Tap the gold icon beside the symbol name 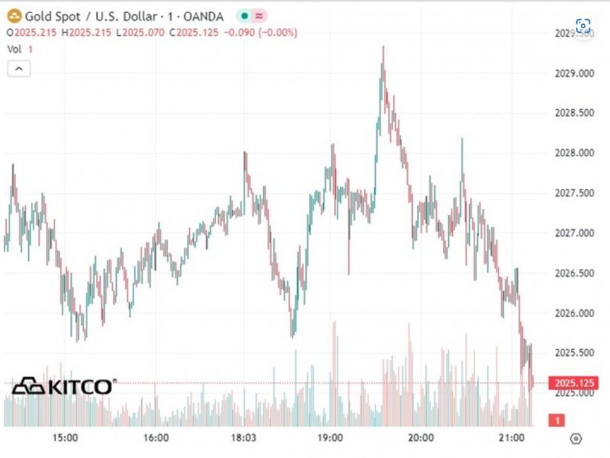coord(14,15)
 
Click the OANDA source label coord(201,15)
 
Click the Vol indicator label coord(14,49)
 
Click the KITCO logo coord(65,386)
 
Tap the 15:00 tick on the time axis coord(65,438)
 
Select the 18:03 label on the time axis coord(243,438)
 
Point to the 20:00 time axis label coord(421,438)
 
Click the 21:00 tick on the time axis coord(511,438)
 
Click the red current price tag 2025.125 coord(575,383)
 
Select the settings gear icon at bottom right coord(576,438)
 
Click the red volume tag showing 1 coord(557,420)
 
